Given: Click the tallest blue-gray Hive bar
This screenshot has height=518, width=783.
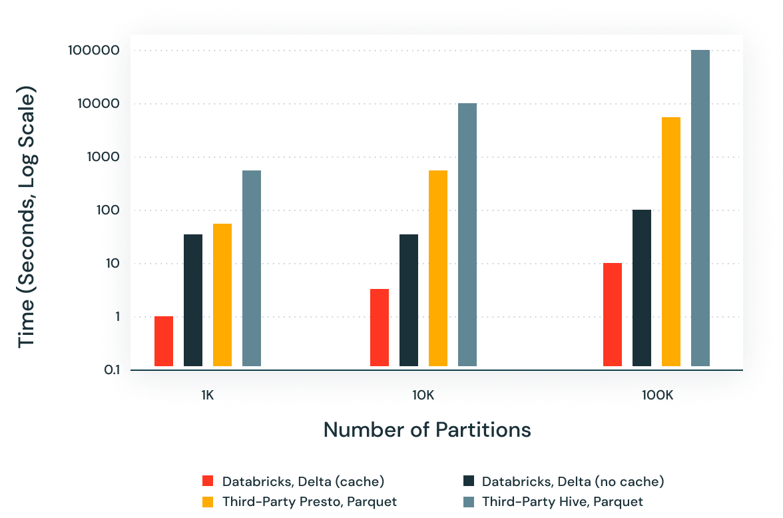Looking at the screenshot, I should [700, 208].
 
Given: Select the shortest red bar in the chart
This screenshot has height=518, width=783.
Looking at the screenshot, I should [164, 341].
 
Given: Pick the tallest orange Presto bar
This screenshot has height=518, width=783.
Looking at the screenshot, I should [671, 242].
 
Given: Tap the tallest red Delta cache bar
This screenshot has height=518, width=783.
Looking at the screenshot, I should [613, 314].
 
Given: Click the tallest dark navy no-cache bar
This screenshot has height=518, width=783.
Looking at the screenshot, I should [642, 288].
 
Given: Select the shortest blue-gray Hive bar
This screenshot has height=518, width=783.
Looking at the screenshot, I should [252, 268].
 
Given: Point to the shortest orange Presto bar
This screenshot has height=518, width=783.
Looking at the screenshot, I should [222, 295].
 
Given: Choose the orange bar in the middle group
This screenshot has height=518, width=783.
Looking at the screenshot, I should [438, 268].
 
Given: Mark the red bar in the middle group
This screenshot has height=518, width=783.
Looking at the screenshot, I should [380, 328].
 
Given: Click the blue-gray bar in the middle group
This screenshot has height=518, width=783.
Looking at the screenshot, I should [467, 234].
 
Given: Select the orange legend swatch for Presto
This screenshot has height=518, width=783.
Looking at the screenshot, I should [208, 501].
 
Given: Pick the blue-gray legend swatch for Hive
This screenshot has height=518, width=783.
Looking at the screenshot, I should [467, 501].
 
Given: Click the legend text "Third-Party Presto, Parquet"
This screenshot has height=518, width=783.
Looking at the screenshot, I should [310, 501].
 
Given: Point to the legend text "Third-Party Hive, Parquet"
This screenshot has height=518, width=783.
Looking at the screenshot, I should [563, 501].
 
